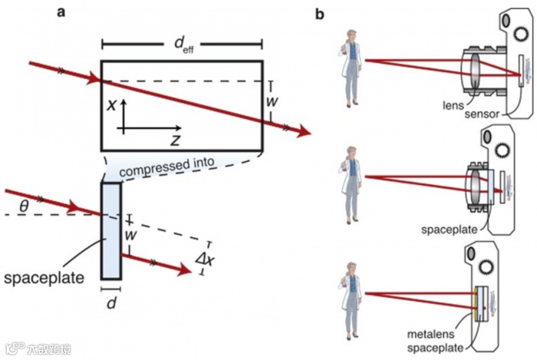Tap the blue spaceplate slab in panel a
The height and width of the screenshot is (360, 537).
(110, 230)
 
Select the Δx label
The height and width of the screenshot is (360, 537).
(206, 259)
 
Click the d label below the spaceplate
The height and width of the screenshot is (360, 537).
(111, 302)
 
